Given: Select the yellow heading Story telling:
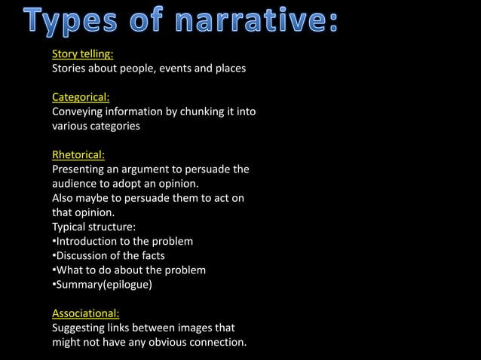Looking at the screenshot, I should coord(82,54).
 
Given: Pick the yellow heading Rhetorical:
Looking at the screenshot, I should coord(78,156).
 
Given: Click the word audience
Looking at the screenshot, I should coord(75,185).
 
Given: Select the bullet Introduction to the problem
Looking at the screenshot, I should coord(122,242).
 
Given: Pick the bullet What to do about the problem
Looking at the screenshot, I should coord(128,270).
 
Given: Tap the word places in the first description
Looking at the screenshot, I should coord(229,69).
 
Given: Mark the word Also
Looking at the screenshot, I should coord(63,199).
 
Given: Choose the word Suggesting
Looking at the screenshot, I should coord(80,328).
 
